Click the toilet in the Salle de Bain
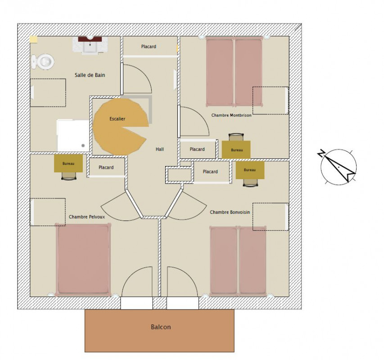pyautogui.click(x=43, y=62)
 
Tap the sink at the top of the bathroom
pyautogui.click(x=90, y=45)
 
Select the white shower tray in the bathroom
pyautogui.click(x=73, y=135)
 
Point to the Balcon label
pyautogui.click(x=161, y=327)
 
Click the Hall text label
pyautogui.click(x=160, y=149)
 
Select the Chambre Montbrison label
pyautogui.click(x=231, y=115)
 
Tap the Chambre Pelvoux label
pyautogui.click(x=87, y=217)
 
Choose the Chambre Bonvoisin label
pyautogui.click(x=230, y=212)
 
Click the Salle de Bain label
pyautogui.click(x=90, y=75)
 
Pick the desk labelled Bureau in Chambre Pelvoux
pyautogui.click(x=68, y=163)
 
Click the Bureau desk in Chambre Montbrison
pyautogui.click(x=236, y=149)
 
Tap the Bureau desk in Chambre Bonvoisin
pyautogui.click(x=250, y=170)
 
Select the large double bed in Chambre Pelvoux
pyautogui.click(x=83, y=259)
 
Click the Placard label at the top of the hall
pyautogui.click(x=149, y=46)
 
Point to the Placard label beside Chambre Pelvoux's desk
pyautogui.click(x=106, y=167)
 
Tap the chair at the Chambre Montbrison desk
pyautogui.click(x=236, y=137)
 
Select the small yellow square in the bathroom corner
pyautogui.click(x=34, y=40)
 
